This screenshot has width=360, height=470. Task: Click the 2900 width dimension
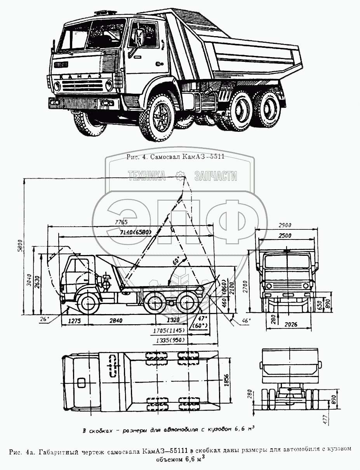285,225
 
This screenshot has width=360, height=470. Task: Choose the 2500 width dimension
285,235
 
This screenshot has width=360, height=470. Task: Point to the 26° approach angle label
44,319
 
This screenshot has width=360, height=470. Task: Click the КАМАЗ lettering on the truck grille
80,76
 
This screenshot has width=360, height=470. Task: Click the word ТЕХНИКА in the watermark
146,176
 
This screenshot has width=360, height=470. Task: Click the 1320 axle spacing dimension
169,321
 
